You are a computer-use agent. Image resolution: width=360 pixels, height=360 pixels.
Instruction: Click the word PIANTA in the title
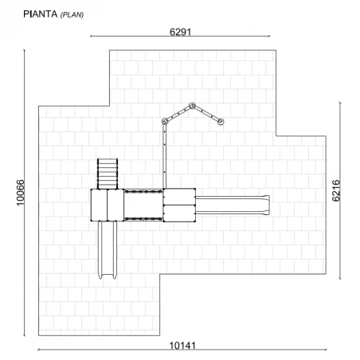41,14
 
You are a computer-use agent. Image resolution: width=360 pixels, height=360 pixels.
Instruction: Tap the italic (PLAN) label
72,15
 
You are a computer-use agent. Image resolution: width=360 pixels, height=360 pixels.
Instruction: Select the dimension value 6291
181,32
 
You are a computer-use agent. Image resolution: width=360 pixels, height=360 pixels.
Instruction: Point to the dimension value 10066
21,193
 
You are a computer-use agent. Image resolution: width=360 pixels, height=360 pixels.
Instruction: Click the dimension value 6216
336,190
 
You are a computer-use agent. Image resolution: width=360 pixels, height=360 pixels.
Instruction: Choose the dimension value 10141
182,346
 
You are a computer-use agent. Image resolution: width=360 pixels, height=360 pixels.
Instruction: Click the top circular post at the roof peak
192,106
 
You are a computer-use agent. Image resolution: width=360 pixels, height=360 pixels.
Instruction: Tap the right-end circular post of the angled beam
221,122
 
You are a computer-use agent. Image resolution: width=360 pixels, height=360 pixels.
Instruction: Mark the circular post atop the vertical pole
165,121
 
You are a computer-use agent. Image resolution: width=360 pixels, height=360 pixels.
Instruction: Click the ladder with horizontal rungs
108,174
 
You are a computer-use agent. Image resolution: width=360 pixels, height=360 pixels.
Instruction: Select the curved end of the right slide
266,205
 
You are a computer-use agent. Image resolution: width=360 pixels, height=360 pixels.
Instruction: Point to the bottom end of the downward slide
108,276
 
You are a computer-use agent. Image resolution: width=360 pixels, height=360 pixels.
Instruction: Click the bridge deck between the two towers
143,205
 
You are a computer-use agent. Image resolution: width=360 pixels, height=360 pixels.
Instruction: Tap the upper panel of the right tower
179,197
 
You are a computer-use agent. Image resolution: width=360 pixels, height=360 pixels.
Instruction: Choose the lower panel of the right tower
179,213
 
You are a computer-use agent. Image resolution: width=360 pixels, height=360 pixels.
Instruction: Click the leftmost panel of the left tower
99,205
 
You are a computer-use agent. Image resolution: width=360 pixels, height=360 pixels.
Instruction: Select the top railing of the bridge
143,191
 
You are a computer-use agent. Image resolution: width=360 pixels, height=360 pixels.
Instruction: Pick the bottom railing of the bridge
143,219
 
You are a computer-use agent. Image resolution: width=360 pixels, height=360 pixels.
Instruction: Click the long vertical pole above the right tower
165,156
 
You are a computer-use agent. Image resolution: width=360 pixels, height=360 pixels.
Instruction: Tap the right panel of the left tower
115,205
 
